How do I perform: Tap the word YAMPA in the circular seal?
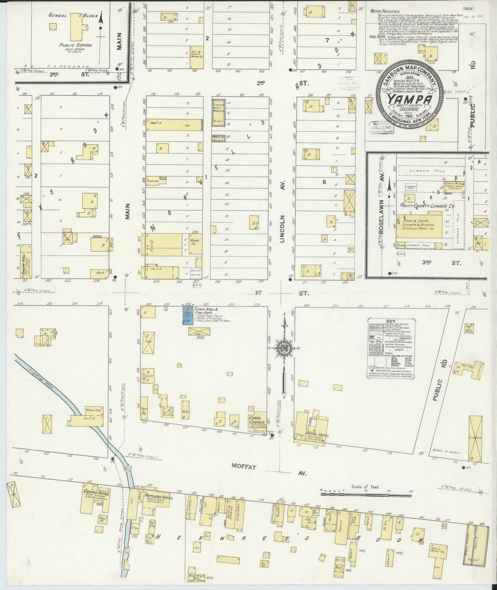point(409,99)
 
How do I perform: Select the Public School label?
point(75,45)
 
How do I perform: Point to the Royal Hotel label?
point(318,435)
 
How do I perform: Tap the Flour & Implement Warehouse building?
point(218,113)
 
